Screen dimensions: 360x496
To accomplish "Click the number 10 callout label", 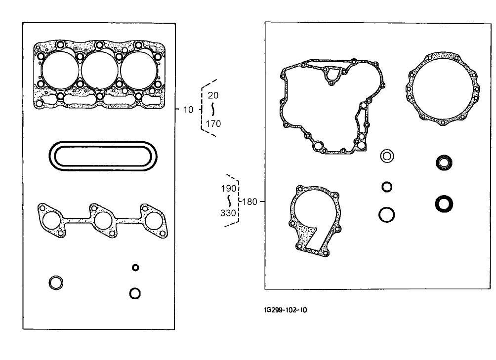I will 188,110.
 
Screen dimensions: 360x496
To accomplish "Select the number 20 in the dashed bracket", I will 212,95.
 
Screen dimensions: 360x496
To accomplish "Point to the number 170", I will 213,124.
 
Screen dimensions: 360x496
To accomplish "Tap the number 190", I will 228,189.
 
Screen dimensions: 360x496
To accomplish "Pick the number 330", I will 228,213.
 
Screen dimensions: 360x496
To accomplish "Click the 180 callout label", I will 250,201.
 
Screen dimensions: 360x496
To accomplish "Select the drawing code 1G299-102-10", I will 286,310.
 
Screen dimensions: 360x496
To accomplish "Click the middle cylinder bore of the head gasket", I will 99,70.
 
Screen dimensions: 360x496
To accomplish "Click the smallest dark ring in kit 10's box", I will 135,268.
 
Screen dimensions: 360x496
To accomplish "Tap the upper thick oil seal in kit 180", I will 445,162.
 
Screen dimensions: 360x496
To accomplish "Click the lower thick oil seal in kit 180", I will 445,203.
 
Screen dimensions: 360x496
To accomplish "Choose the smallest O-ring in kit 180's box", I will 387,187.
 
